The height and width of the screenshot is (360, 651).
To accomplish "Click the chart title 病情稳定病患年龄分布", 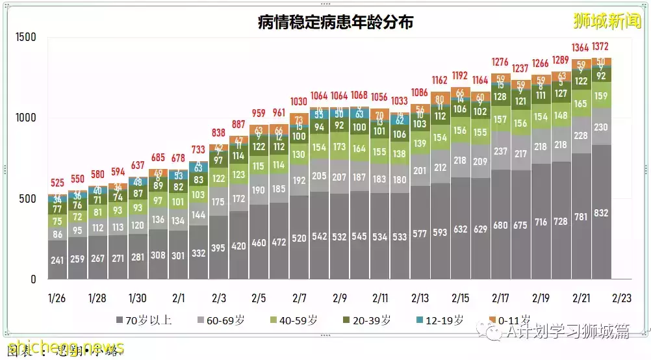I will (x=335, y=23).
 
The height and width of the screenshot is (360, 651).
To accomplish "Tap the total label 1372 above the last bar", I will (x=601, y=47).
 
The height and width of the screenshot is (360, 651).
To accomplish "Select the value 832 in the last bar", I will (x=601, y=212).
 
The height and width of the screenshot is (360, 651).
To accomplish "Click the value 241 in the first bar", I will (x=58, y=261).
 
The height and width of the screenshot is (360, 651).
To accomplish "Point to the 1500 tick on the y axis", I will (x=25, y=38).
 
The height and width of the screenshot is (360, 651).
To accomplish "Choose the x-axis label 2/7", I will (x=300, y=298).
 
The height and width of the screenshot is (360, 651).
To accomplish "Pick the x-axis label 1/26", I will (x=57, y=298).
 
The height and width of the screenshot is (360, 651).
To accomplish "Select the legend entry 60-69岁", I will (x=222, y=320).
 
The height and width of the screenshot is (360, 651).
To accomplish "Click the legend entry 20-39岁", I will (x=366, y=320).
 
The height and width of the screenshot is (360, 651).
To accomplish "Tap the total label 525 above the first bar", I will (x=58, y=183).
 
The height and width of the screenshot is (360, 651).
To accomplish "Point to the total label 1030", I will (x=299, y=102).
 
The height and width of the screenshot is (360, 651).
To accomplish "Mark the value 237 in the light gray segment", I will (x=500, y=151).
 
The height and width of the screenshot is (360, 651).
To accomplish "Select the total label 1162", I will (x=440, y=81).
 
